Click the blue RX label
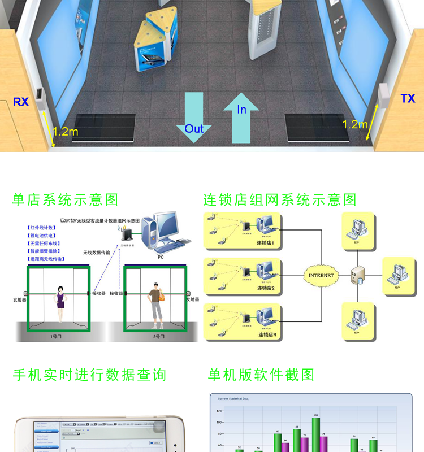click(x=21, y=102)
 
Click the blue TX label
click(x=408, y=99)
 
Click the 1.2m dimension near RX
click(x=66, y=132)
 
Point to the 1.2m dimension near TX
click(x=354, y=124)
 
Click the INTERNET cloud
click(x=321, y=276)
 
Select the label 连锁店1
click(x=265, y=243)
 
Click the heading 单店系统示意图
click(x=66, y=199)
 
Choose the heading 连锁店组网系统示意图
click(x=280, y=199)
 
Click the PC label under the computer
click(x=161, y=257)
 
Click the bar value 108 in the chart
click(x=316, y=415)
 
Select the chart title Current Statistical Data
click(x=233, y=399)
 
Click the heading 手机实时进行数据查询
click(x=89, y=375)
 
